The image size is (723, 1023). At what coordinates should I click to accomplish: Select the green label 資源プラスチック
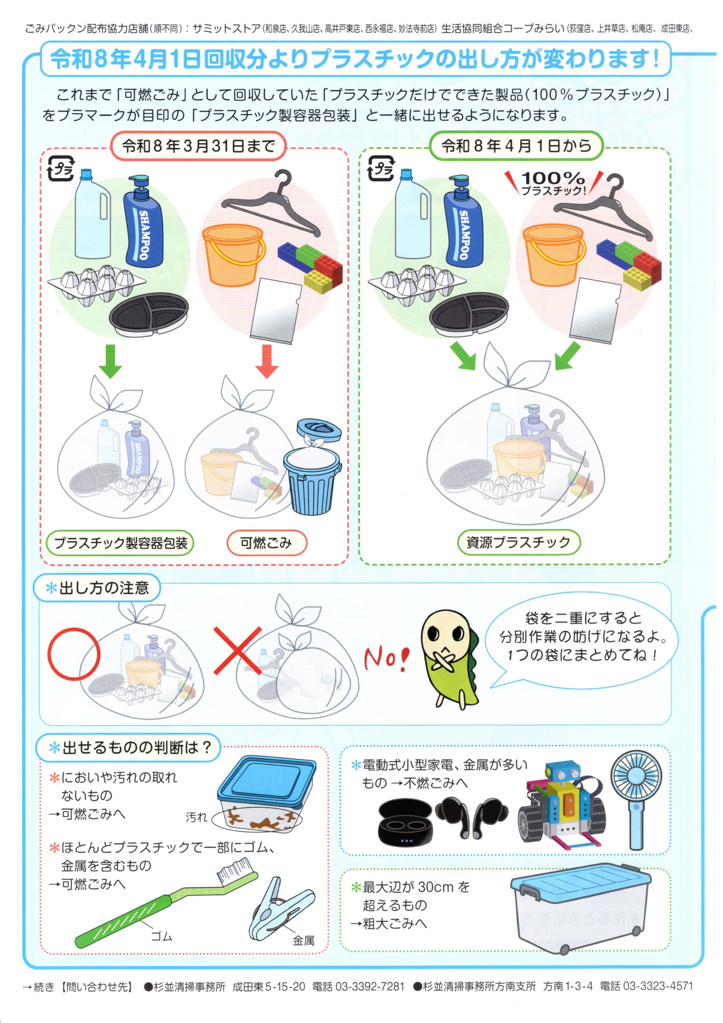click(519, 542)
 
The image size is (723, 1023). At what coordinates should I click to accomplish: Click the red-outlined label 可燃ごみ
click(266, 543)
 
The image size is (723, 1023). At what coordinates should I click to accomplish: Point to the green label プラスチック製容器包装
click(121, 543)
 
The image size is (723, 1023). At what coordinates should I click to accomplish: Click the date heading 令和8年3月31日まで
click(198, 146)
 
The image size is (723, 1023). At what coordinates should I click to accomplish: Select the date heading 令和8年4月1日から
click(516, 146)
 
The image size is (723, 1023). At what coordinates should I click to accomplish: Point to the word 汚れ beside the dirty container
click(196, 817)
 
